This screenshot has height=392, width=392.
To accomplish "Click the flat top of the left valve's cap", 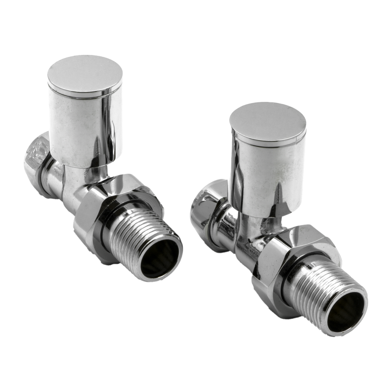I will click(x=85, y=73).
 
